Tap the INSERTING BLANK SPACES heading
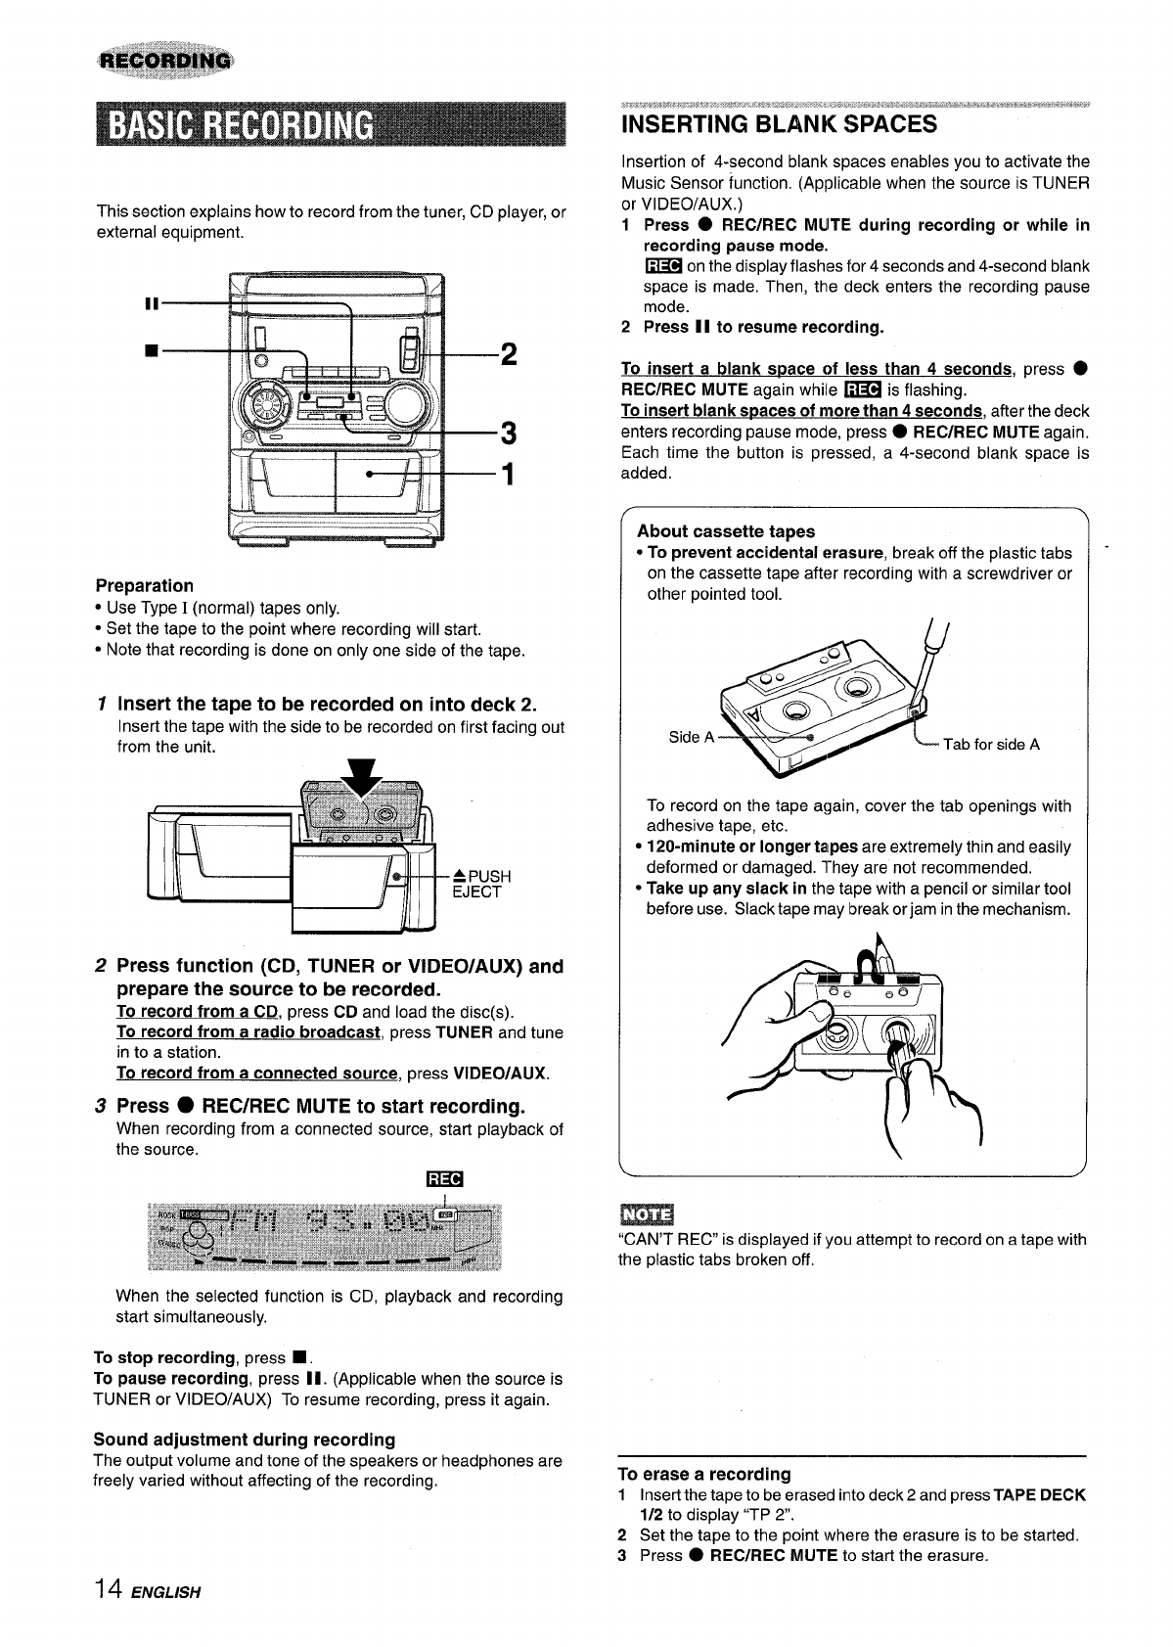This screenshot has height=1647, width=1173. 779,124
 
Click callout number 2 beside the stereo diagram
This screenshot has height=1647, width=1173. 508,353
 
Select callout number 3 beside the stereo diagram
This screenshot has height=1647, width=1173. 508,432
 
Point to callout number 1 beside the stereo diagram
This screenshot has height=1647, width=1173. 507,475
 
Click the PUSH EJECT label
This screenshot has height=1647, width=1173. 475,884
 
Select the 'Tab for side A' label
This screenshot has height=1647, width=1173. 990,745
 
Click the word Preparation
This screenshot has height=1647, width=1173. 144,586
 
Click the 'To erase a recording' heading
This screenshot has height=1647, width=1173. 704,1474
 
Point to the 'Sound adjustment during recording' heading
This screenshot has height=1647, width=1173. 244,1440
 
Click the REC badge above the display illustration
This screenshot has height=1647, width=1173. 444,1178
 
